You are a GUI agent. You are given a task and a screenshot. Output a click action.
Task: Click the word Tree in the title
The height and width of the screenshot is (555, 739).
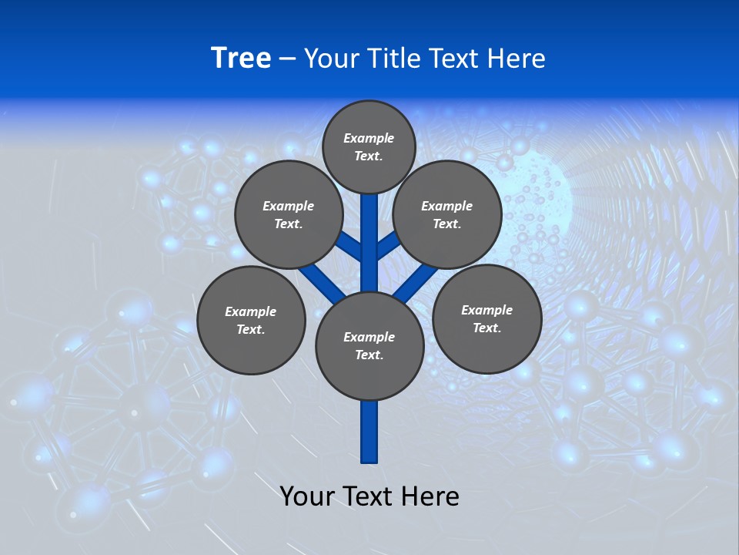tap(241, 59)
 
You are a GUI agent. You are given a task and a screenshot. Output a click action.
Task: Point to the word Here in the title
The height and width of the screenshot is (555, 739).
tap(517, 59)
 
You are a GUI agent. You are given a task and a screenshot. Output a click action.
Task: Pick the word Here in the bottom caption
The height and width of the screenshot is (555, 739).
tap(431, 496)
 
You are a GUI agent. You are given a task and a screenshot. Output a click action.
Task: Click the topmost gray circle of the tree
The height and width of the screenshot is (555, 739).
tap(369, 146)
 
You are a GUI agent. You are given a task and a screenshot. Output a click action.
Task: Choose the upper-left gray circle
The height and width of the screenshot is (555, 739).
tap(288, 214)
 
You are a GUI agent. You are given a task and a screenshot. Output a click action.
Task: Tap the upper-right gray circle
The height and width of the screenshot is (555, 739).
tap(447, 214)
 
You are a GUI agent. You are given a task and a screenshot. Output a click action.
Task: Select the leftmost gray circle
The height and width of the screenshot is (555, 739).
tap(251, 320)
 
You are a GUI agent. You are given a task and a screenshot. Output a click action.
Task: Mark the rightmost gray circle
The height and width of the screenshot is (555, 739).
tap(487, 318)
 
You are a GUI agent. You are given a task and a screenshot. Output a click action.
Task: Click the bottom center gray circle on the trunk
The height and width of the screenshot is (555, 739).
tap(369, 345)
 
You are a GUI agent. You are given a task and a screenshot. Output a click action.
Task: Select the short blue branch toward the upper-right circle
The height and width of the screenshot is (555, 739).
tap(388, 245)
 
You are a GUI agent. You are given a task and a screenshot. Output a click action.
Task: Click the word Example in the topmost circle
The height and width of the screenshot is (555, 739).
tap(369, 138)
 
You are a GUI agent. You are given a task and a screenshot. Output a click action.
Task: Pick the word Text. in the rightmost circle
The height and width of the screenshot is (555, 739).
tap(487, 328)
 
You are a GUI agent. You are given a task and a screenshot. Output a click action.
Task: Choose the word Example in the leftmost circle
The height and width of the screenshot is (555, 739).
tap(250, 311)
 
